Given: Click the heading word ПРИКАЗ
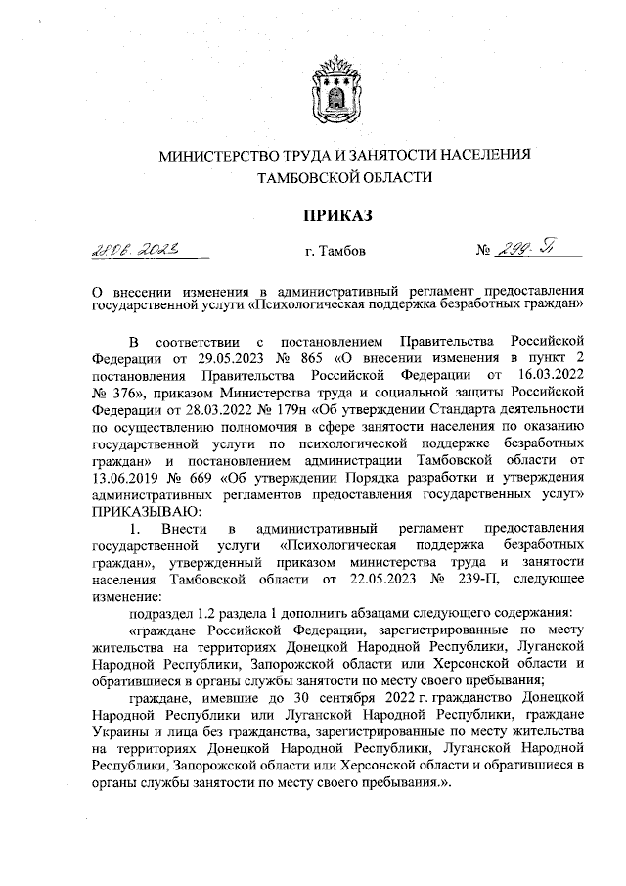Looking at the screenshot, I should [x=337, y=214].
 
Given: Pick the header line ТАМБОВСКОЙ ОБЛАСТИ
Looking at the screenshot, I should [x=337, y=178].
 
